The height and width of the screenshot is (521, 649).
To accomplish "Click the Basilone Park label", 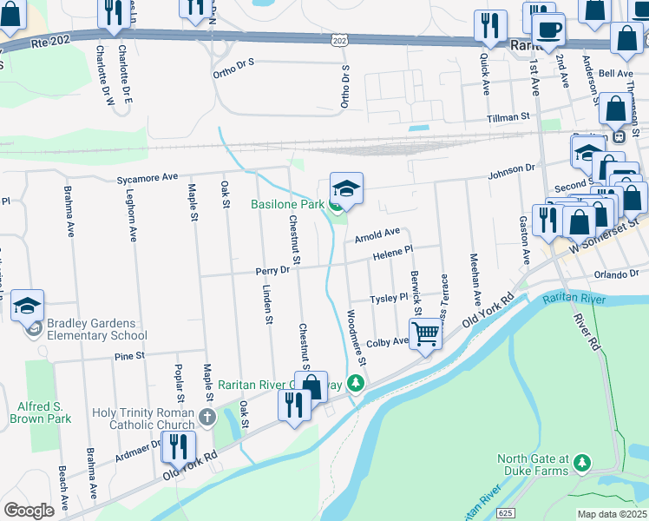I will pos(287,205).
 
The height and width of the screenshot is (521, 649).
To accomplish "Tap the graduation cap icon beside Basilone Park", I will pos(346,189).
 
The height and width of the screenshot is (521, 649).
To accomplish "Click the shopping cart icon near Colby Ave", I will pos(425,333).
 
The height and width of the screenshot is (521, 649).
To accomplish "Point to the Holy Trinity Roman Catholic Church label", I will pos(153,418).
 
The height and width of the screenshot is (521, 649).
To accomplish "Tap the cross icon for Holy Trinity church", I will pos(206,418).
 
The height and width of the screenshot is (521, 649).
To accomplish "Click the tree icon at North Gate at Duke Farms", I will pos(584,460).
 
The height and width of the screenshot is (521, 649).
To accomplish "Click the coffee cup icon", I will pos(548,29).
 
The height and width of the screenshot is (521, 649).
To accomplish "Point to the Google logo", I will pos(29,510).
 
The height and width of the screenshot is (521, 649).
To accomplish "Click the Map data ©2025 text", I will pos(613,514).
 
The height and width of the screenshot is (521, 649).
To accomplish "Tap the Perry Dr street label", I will pos(272,271).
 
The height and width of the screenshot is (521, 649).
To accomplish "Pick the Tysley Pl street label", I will pos(389,298).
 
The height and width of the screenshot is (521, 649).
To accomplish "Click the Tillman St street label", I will pos(508,116).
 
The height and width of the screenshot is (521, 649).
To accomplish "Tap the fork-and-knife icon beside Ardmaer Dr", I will pos(179,446).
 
